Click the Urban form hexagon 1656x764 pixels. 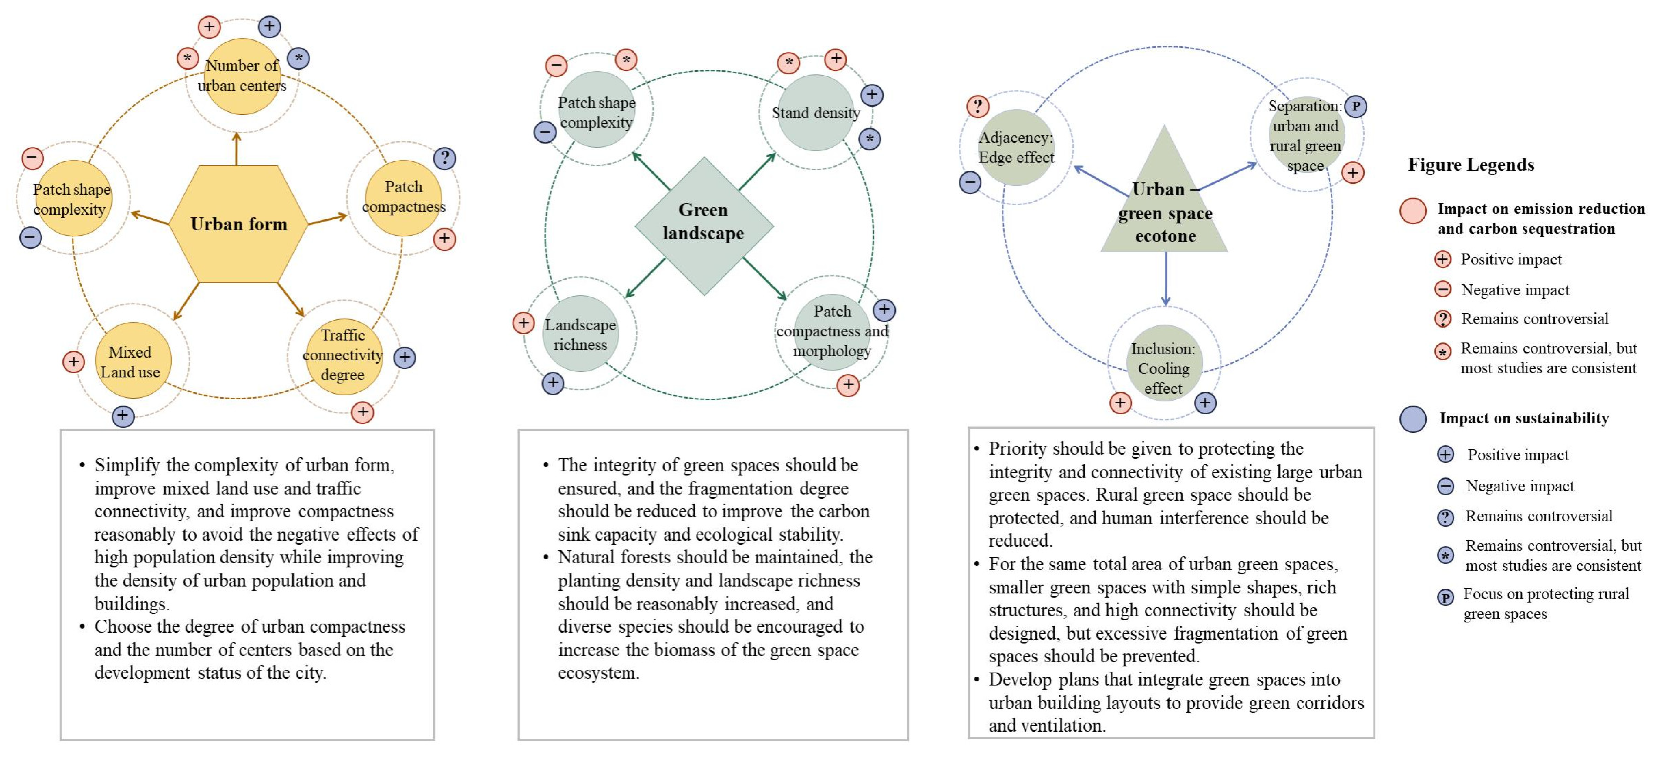238,224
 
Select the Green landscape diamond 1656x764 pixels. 704,225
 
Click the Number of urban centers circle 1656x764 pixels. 242,76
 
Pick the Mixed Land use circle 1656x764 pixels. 133,361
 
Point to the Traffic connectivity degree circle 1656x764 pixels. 343,356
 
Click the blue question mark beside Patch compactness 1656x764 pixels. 444,158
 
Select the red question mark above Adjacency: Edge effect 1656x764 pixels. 977,106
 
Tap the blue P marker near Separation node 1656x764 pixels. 1355,106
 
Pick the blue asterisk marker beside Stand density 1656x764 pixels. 870,139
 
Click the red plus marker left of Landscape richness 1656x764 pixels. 523,323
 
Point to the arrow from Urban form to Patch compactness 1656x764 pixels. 328,219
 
